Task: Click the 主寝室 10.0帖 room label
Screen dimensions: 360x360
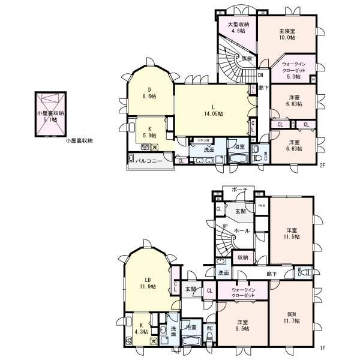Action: (x=287, y=34)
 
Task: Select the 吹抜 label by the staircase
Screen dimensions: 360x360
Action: (x=247, y=59)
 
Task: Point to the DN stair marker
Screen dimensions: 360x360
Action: (x=261, y=76)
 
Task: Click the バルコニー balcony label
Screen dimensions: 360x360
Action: (x=151, y=161)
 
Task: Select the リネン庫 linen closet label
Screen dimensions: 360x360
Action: (x=199, y=140)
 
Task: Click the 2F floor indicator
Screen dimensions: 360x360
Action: (x=322, y=165)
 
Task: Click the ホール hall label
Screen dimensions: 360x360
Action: (x=242, y=230)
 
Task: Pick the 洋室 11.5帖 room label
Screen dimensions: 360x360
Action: (x=292, y=233)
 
